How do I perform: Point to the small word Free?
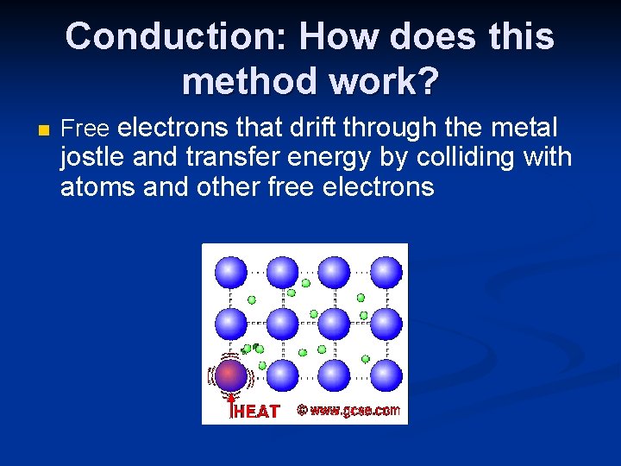pyautogui.click(x=85, y=129)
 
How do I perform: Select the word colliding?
pyautogui.click(x=473, y=158)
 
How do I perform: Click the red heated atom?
pyautogui.click(x=230, y=376)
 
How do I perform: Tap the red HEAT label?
pyautogui.click(x=257, y=412)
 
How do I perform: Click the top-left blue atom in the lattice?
pyautogui.click(x=230, y=273)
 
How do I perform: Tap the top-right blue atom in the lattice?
pyautogui.click(x=386, y=273)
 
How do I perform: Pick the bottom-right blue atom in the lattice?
pyautogui.click(x=386, y=375)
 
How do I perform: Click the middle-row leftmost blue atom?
pyautogui.click(x=230, y=324)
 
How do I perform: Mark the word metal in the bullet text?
pyautogui.click(x=523, y=129)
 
